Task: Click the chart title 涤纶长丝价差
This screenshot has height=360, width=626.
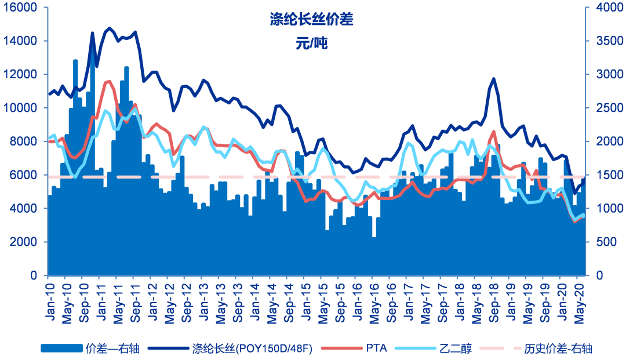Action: tap(311, 20)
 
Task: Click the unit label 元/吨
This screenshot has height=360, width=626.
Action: tap(311, 43)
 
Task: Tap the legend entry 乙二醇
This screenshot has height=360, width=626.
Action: tap(458, 348)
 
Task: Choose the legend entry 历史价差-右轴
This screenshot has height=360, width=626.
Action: tap(558, 348)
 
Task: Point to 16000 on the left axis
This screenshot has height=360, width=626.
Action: tap(23, 8)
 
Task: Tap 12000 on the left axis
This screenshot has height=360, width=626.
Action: tap(23, 74)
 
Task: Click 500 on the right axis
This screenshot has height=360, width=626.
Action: tap(606, 242)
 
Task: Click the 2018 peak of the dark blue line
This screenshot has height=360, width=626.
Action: tap(494, 78)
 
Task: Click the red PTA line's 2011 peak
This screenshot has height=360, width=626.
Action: tap(109, 81)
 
